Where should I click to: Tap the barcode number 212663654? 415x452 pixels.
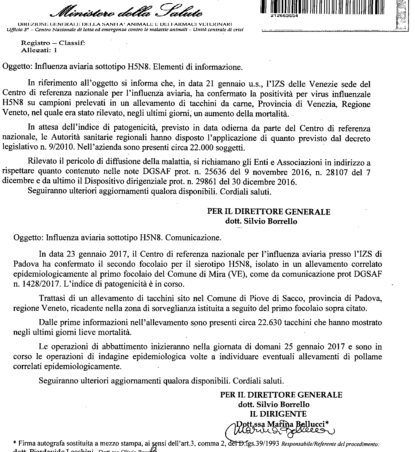pyautogui.click(x=285, y=15)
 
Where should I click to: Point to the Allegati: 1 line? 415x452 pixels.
pyautogui.click(x=39, y=50)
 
